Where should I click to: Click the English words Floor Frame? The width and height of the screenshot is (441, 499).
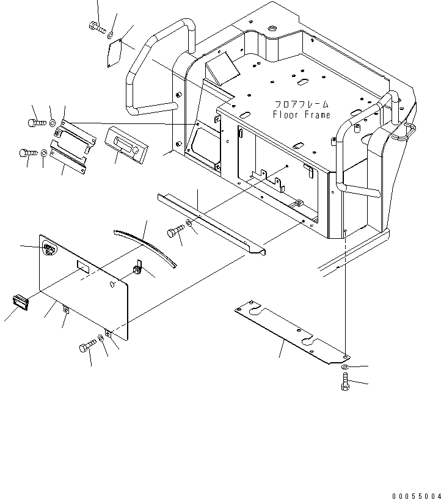[x=301, y=115]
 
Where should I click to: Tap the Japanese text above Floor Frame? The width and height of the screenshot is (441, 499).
[x=301, y=104]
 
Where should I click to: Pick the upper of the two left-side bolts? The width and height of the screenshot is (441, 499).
[x=36, y=123]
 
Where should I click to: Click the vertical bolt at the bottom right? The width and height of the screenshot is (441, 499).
[x=344, y=384]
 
